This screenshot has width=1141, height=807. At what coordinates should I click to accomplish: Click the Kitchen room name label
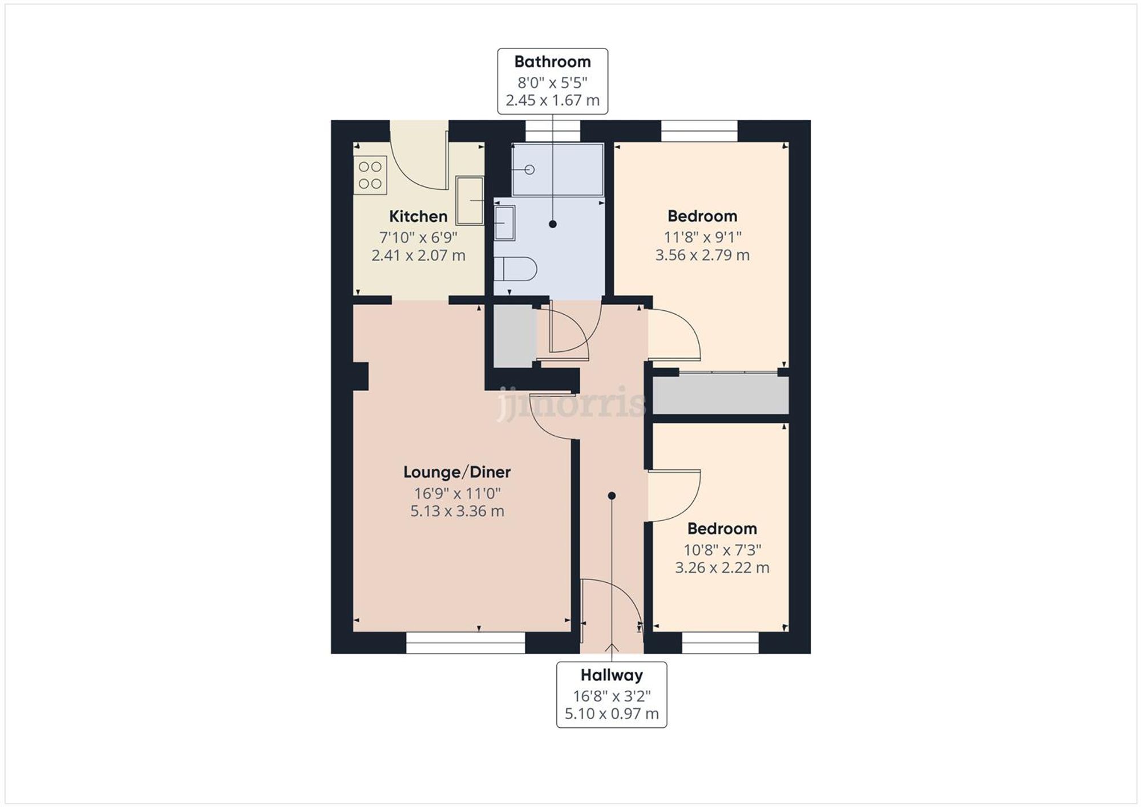418,216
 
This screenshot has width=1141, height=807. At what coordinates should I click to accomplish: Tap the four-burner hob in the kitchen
370,175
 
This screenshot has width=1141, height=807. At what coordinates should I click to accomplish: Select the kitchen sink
470,200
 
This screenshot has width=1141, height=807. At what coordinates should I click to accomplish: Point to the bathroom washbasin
504,222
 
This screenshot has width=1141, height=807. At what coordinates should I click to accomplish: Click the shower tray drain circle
529,169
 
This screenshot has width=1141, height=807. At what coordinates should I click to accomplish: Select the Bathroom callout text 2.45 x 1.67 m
552,100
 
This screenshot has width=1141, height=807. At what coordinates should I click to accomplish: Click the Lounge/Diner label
456,472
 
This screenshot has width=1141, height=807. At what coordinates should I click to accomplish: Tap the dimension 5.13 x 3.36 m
457,511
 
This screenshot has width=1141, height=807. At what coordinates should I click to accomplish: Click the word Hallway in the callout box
612,675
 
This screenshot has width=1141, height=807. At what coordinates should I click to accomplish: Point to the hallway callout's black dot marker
612,496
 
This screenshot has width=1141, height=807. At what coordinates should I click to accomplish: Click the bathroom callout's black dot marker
552,224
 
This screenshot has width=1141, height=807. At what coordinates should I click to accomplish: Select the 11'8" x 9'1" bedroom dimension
702,236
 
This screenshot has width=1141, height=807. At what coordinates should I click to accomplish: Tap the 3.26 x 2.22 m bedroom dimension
722,568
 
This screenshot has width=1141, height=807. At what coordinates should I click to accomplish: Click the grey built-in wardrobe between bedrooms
721,395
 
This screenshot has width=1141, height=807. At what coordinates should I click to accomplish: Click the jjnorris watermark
570,403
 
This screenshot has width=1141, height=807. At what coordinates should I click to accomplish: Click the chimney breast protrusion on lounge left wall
361,376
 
